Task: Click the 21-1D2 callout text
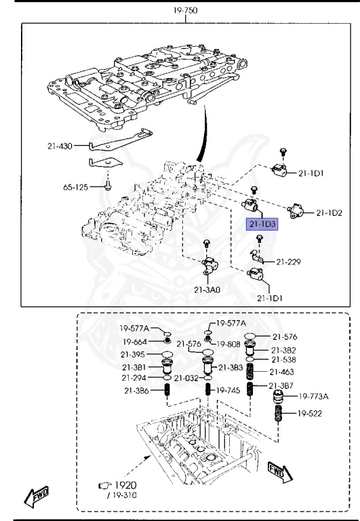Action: (329, 213)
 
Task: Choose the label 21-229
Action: (290, 261)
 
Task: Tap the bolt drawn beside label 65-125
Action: (108, 184)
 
